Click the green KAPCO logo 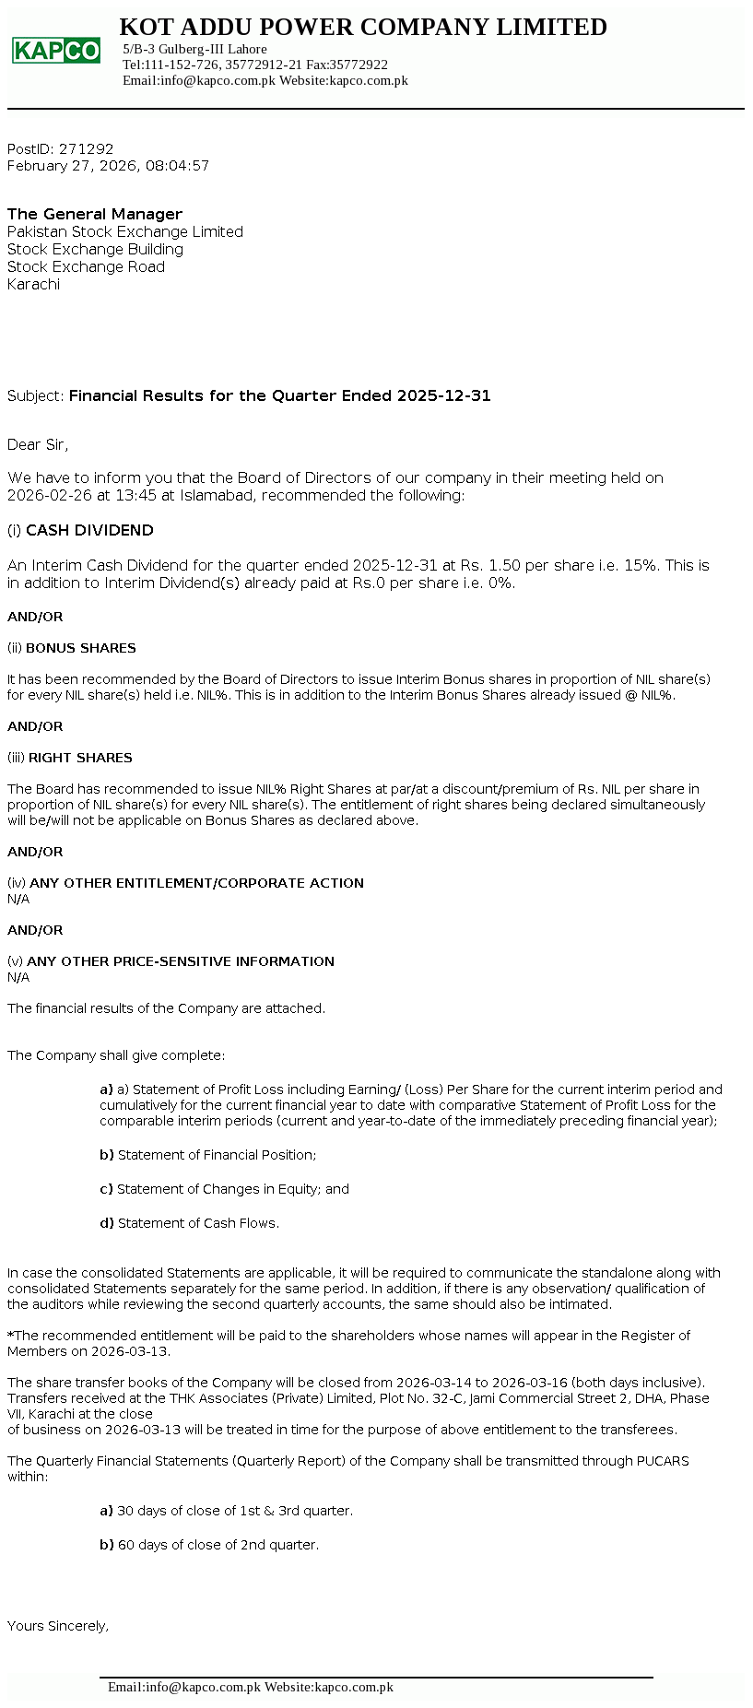pyautogui.click(x=56, y=51)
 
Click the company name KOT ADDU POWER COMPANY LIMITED pyautogui.click(x=363, y=28)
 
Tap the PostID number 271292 pyautogui.click(x=86, y=148)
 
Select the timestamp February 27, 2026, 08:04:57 pyautogui.click(x=108, y=166)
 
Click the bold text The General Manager pyautogui.click(x=95, y=214)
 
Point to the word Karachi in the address pyautogui.click(x=33, y=284)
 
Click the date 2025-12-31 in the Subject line pyautogui.click(x=443, y=395)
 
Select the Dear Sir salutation pyautogui.click(x=38, y=444)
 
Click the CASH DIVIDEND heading pyautogui.click(x=89, y=530)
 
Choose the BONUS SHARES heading pyautogui.click(x=81, y=648)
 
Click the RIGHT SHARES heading pyautogui.click(x=80, y=758)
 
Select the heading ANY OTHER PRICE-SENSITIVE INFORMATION pyautogui.click(x=181, y=961)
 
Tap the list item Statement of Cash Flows pyautogui.click(x=197, y=1223)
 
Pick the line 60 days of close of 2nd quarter pyautogui.click(x=218, y=1545)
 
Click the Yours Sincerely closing pyautogui.click(x=58, y=1626)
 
